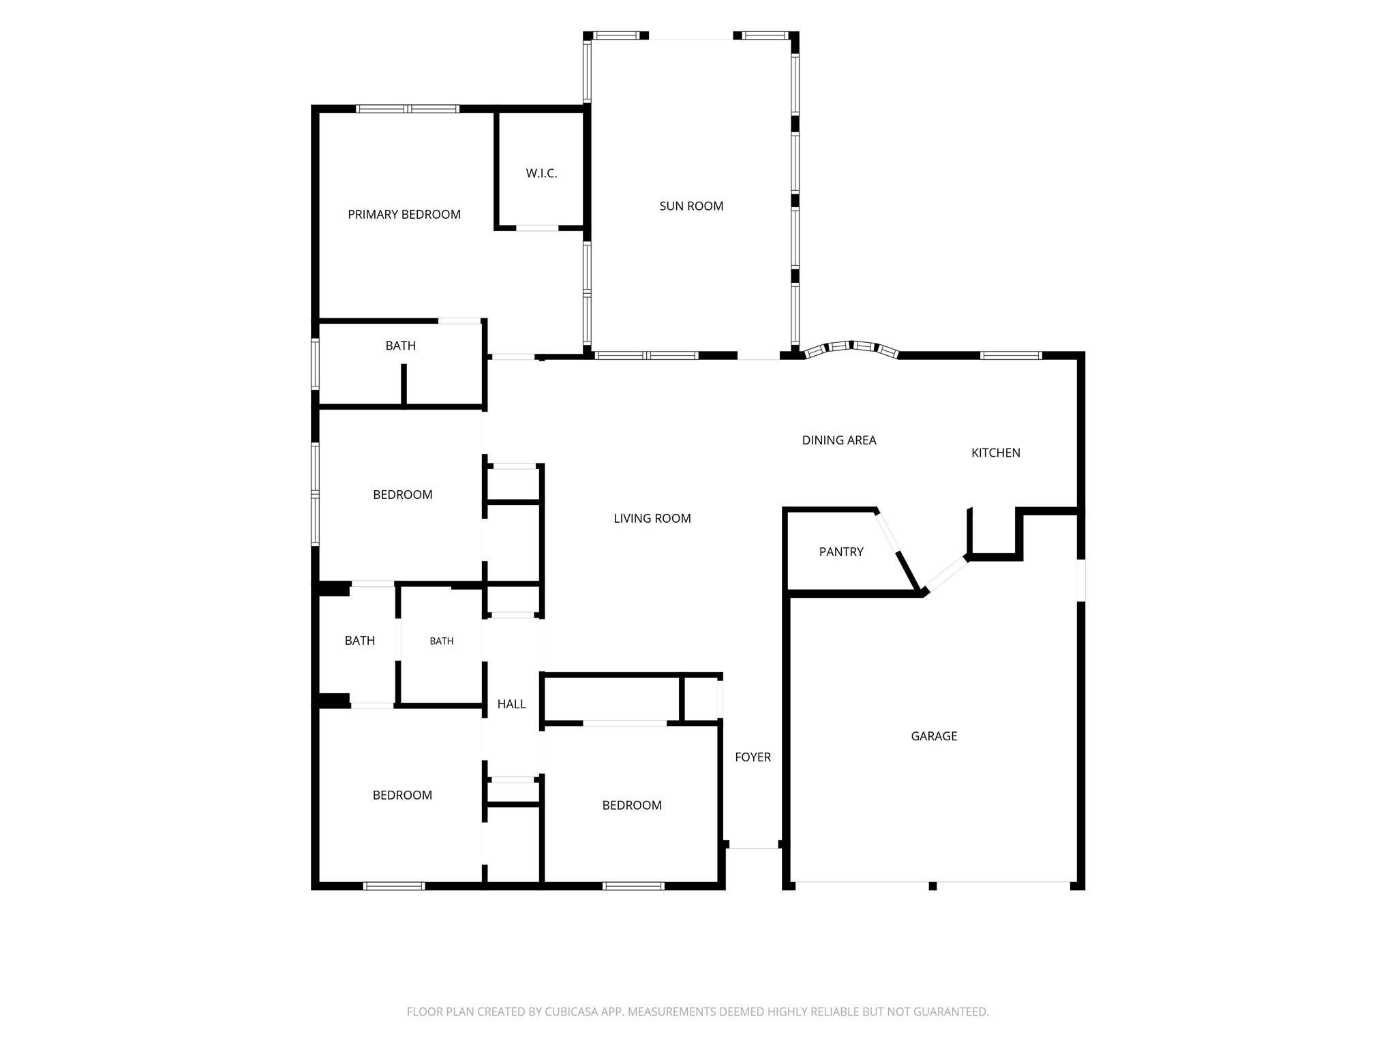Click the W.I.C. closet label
(x=541, y=173)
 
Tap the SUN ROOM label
(x=691, y=206)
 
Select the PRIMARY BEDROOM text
(x=404, y=214)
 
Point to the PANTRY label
(x=841, y=551)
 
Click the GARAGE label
(x=934, y=735)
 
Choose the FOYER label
(x=753, y=757)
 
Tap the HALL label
(x=511, y=704)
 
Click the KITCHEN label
(x=995, y=453)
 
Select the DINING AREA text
(x=838, y=440)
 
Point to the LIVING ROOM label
(x=652, y=518)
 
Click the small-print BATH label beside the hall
(x=441, y=641)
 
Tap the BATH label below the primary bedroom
(x=400, y=346)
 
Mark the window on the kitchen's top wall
(x=1011, y=355)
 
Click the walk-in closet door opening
(x=537, y=228)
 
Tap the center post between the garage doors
(x=932, y=886)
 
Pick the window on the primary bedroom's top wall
(x=408, y=108)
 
